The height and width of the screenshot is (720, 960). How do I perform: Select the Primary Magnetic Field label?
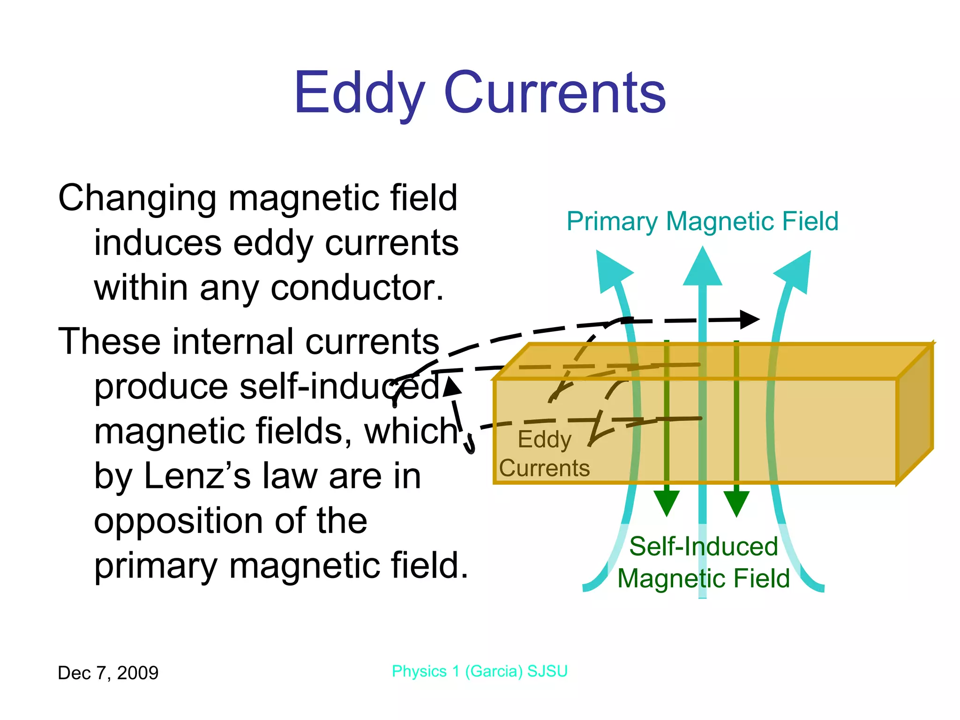coord(702,221)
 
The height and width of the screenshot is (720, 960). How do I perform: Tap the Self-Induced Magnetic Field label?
coord(703,562)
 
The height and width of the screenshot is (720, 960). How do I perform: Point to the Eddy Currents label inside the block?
coord(544,454)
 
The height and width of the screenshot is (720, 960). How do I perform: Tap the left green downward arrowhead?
coord(667,502)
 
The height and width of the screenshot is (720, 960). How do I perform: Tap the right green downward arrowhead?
coord(736,502)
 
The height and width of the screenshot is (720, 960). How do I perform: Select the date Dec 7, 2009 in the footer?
coord(108,673)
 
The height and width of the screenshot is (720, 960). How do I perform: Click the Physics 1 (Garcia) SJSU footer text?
coord(480,671)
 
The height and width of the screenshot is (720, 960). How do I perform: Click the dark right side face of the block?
coord(915,412)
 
